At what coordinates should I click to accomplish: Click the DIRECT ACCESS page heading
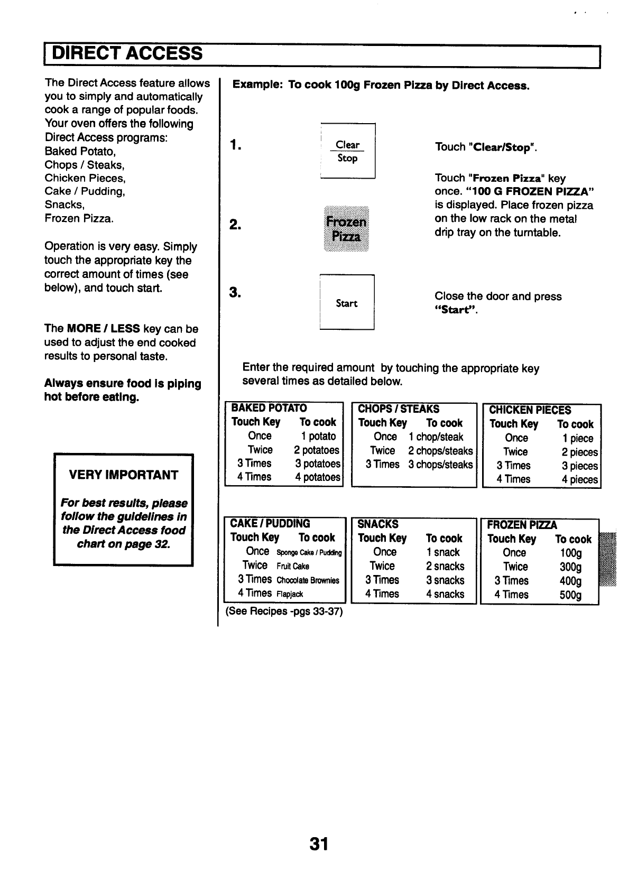(127, 53)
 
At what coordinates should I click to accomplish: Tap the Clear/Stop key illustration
(347, 151)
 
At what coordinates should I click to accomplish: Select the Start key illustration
(347, 303)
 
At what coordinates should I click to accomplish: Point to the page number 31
(319, 844)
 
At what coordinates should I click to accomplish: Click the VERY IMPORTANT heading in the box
(124, 475)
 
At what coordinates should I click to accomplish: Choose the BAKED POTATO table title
(269, 408)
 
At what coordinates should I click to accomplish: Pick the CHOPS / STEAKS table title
(399, 409)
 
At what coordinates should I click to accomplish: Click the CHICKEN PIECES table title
(530, 410)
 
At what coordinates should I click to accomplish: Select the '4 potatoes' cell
(317, 477)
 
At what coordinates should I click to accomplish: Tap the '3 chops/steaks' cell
(440, 465)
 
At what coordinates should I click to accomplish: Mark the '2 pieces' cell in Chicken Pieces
(579, 452)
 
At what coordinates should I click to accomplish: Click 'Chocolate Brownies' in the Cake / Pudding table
(308, 580)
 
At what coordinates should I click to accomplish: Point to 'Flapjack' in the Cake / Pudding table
(290, 594)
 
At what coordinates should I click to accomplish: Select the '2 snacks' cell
(445, 566)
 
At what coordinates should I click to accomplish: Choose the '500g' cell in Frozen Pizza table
(570, 595)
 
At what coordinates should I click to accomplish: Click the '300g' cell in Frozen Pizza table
(570, 567)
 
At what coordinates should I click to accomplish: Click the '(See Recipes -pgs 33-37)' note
(284, 612)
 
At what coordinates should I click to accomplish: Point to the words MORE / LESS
(103, 329)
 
